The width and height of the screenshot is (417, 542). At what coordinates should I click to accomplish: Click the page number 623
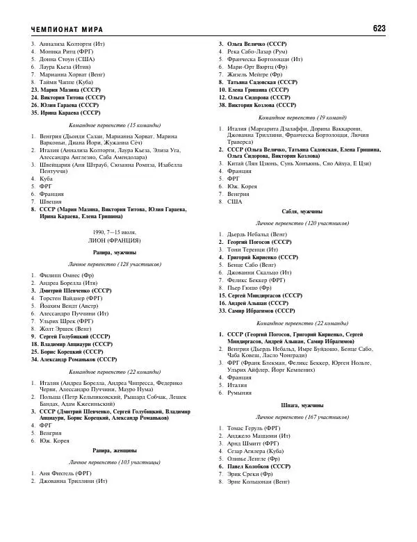click(379, 28)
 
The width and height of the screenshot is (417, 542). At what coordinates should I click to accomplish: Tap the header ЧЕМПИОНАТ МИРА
click(67, 29)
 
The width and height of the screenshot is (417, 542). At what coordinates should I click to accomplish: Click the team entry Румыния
click(240, 393)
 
